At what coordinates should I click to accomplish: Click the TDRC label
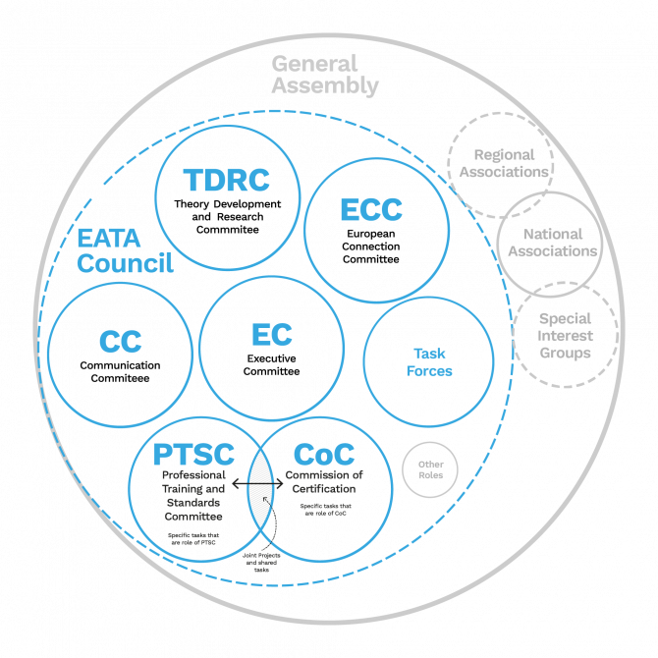(x=226, y=181)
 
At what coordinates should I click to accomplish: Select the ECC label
(x=370, y=210)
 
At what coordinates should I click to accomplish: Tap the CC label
(x=120, y=342)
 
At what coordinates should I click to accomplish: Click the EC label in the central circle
(x=271, y=335)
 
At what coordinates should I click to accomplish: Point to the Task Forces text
(x=429, y=361)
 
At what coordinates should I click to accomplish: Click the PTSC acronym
(x=193, y=455)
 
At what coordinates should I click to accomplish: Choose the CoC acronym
(x=324, y=455)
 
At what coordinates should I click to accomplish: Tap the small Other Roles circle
(x=430, y=469)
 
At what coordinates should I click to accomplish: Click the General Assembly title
(x=324, y=75)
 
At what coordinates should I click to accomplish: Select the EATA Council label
(x=124, y=250)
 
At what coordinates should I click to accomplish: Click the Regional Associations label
(x=503, y=163)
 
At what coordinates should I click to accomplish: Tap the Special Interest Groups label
(x=565, y=336)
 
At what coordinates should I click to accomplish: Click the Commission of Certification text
(x=324, y=481)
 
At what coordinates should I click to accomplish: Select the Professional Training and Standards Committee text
(x=192, y=495)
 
